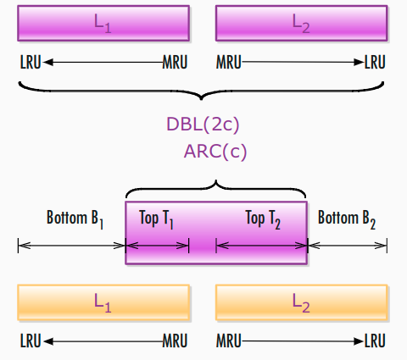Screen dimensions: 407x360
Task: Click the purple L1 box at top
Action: point(103,24)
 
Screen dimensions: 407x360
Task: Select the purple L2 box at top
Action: point(301,24)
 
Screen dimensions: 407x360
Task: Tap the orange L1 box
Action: point(103,302)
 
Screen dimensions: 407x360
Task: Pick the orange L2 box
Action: point(301,302)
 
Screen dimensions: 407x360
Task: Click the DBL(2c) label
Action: point(203,125)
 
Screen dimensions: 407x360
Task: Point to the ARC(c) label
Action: point(215,152)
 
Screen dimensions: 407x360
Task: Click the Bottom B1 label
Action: point(75,219)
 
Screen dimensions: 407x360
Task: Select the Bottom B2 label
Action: point(347,219)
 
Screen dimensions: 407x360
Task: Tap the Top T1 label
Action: point(156,219)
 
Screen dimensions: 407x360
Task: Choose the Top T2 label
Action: point(263,219)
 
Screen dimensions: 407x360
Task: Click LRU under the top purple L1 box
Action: point(31,62)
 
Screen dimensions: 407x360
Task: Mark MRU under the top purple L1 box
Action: point(175,62)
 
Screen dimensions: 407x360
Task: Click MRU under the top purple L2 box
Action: point(229,62)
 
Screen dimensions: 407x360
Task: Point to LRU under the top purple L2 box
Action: point(375,62)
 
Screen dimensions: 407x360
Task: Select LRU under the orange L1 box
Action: point(31,341)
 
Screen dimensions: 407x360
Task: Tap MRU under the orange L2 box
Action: point(229,341)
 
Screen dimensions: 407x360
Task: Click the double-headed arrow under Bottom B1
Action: point(72,246)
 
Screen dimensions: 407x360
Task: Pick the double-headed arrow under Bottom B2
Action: point(347,246)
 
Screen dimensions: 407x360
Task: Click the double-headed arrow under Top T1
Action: point(157,246)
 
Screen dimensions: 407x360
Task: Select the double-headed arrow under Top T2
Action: point(262,246)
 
